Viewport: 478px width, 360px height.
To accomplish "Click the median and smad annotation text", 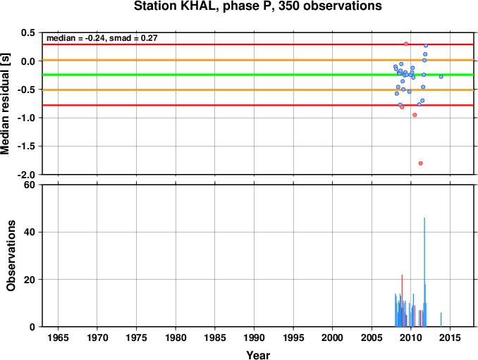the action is (x=102, y=38).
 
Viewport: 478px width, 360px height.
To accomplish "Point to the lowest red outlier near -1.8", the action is (x=421, y=163).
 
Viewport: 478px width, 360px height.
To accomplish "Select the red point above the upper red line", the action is (x=406, y=44).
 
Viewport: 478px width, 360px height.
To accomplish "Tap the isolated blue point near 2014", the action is (x=441, y=77).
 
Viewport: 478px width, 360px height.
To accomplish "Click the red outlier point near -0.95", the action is (x=415, y=115).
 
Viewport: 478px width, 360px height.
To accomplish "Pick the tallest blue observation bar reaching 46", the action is (x=424, y=272).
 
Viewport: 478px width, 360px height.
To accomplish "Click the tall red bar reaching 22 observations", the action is (x=402, y=301).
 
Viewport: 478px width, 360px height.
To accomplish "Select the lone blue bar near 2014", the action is (x=441, y=320).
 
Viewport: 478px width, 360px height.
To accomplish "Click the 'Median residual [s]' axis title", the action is (x=5, y=104).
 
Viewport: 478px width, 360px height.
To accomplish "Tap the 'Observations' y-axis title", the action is (x=11, y=256).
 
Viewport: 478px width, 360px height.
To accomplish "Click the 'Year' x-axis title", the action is (x=258, y=355).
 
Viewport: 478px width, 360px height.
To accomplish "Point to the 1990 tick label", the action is (x=255, y=337).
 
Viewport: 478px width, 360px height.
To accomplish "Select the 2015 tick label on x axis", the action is (x=451, y=337).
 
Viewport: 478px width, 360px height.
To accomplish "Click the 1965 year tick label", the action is (x=58, y=337).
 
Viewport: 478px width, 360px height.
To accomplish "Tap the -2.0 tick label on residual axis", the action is (x=27, y=175).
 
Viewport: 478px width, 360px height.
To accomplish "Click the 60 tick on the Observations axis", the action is (x=30, y=185).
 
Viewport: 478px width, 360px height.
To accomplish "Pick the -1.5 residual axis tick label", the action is (x=27, y=147).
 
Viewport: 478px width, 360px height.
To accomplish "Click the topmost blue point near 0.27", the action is (x=426, y=46).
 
